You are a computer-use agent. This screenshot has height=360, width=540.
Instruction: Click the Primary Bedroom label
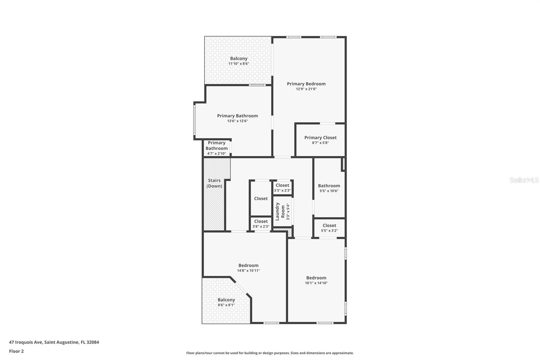306,84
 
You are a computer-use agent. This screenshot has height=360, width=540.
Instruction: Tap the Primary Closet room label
320,137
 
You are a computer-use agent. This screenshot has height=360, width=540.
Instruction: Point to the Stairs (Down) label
214,183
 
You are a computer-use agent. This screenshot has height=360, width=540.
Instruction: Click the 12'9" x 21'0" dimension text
306,89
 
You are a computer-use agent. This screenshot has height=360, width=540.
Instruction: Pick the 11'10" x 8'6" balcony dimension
239,63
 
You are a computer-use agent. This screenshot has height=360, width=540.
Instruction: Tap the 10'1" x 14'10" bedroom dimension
316,283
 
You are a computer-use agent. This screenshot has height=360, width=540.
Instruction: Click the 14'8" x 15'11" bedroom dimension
248,271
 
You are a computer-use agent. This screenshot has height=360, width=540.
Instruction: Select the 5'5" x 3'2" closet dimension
329,231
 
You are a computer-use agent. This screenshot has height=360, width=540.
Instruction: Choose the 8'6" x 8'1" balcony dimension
226,305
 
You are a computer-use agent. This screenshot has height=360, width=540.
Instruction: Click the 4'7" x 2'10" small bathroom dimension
217,154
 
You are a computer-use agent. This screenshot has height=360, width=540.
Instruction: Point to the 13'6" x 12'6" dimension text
238,121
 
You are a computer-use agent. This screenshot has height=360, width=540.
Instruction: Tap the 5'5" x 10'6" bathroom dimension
329,191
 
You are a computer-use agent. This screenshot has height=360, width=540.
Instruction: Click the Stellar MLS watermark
524,180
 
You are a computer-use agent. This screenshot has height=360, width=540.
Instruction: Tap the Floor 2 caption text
16,351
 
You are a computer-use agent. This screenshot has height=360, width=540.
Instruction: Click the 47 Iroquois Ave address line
54,342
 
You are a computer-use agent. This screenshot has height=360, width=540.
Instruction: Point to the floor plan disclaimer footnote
270,353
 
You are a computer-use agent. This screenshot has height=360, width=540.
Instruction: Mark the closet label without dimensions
261,199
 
